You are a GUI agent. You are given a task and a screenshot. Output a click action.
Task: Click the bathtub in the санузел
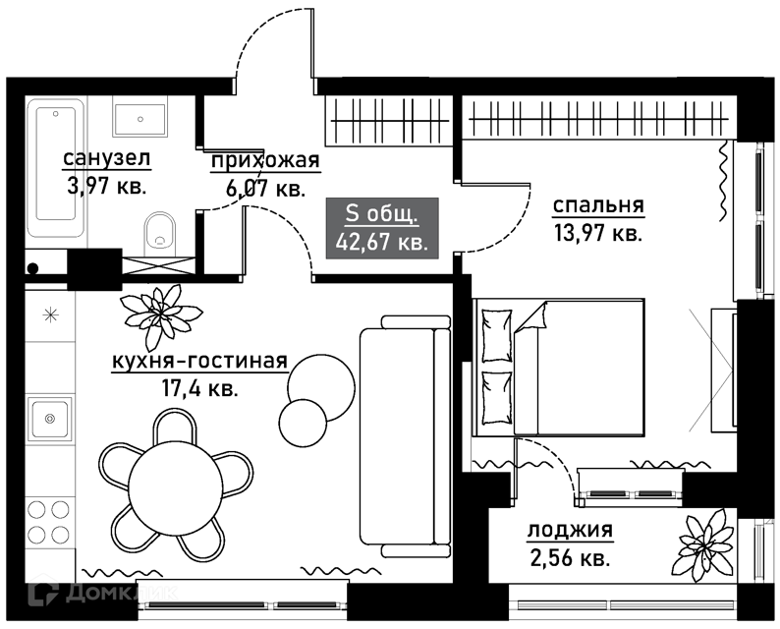[x=56, y=168]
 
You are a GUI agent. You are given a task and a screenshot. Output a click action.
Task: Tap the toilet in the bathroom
[x=160, y=231]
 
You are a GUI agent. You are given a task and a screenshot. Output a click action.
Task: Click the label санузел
[x=106, y=159]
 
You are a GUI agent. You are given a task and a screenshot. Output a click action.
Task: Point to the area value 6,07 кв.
[x=264, y=189]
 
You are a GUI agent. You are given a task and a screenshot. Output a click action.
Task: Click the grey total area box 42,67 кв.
[x=382, y=228]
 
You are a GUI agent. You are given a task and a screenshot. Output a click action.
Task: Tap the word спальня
[x=598, y=205]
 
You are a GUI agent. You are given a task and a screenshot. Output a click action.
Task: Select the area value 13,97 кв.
[x=598, y=233]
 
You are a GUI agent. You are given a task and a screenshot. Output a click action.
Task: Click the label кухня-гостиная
[x=200, y=362]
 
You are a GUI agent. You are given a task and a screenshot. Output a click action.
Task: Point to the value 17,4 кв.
[x=200, y=388]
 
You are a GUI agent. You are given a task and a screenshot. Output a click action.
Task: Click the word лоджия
[x=570, y=531]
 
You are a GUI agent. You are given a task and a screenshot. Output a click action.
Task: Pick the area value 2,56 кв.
[x=570, y=559]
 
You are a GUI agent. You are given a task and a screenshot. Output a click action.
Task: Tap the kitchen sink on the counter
[x=50, y=419]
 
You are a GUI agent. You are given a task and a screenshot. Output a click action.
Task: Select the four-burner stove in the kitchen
[x=49, y=522]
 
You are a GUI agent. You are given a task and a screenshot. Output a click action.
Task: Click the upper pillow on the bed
[x=496, y=335]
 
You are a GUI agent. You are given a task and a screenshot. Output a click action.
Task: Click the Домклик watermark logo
[x=103, y=593]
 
